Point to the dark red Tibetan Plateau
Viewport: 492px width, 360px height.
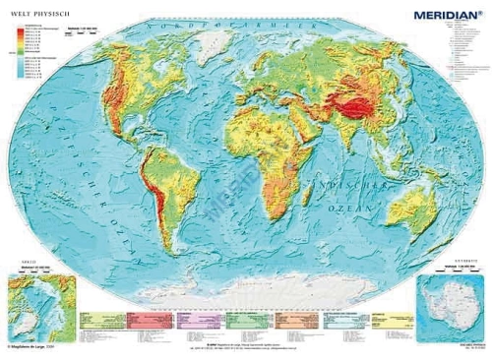[352, 94]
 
